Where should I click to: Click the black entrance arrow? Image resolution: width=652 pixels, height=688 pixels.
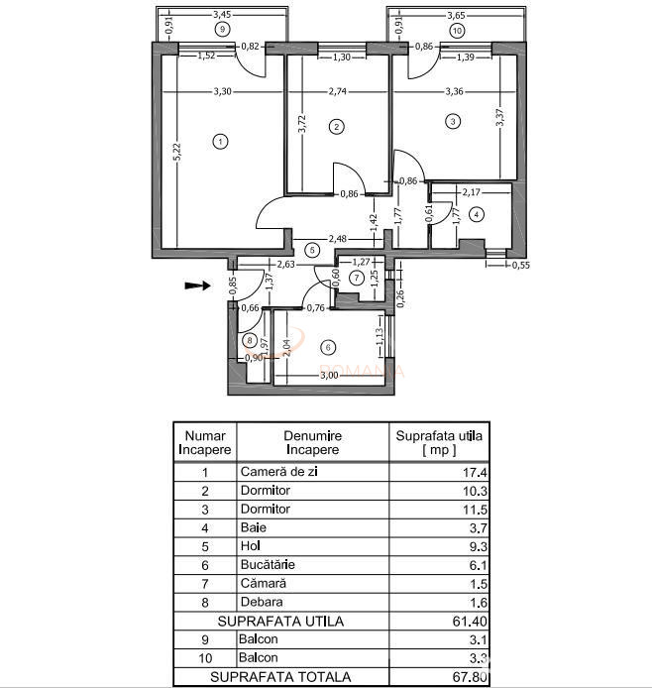pos(197,286)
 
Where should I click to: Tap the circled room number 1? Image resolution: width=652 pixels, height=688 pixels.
pos(219,141)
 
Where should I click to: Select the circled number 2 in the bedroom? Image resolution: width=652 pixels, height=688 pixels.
pos(337,126)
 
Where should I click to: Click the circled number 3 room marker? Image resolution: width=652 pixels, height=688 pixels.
pos(452,122)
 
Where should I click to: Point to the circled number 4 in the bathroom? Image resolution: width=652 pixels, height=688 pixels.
pos(476,213)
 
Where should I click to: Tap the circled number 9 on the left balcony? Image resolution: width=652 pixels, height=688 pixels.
pos(225,30)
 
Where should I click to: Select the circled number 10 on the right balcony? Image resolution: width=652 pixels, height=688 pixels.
pos(456,30)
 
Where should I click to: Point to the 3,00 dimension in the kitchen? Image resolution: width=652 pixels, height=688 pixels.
pos(329,375)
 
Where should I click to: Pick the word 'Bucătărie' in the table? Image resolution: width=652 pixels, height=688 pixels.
pos(268,564)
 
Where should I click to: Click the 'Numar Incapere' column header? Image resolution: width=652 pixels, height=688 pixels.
pos(205,441)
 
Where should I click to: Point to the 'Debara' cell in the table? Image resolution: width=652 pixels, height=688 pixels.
pos(262,602)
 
